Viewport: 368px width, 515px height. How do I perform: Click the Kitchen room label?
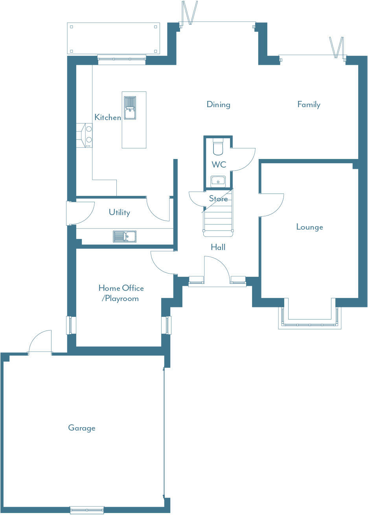(x=107, y=117)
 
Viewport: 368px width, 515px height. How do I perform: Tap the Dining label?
(x=218, y=104)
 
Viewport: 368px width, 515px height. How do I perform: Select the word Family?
(x=309, y=104)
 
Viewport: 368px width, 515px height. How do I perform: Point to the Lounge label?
(x=309, y=227)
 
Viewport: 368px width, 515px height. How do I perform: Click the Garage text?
(x=82, y=428)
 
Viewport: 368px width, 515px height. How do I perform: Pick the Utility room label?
(x=119, y=212)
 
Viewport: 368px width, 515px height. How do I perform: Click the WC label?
(x=219, y=164)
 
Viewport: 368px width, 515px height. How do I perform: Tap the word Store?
(x=218, y=199)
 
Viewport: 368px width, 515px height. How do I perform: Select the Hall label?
(x=218, y=247)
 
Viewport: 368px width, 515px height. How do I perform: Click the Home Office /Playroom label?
(x=121, y=293)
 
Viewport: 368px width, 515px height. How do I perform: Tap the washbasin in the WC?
(x=218, y=181)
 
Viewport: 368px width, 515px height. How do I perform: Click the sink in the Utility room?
(x=125, y=236)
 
